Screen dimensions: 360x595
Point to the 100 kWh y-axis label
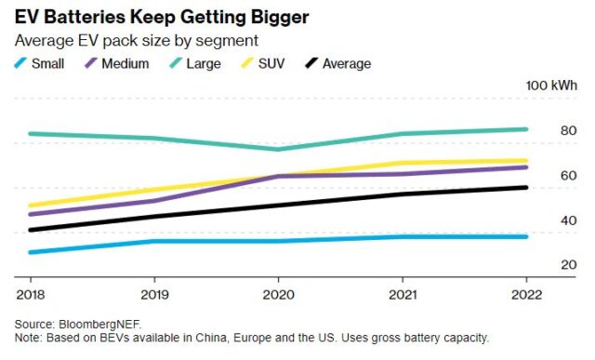[x=551, y=86]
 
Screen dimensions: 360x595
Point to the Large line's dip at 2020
[x=278, y=149]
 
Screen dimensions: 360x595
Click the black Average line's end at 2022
[x=525, y=187]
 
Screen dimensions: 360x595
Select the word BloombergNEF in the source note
[x=97, y=323]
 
